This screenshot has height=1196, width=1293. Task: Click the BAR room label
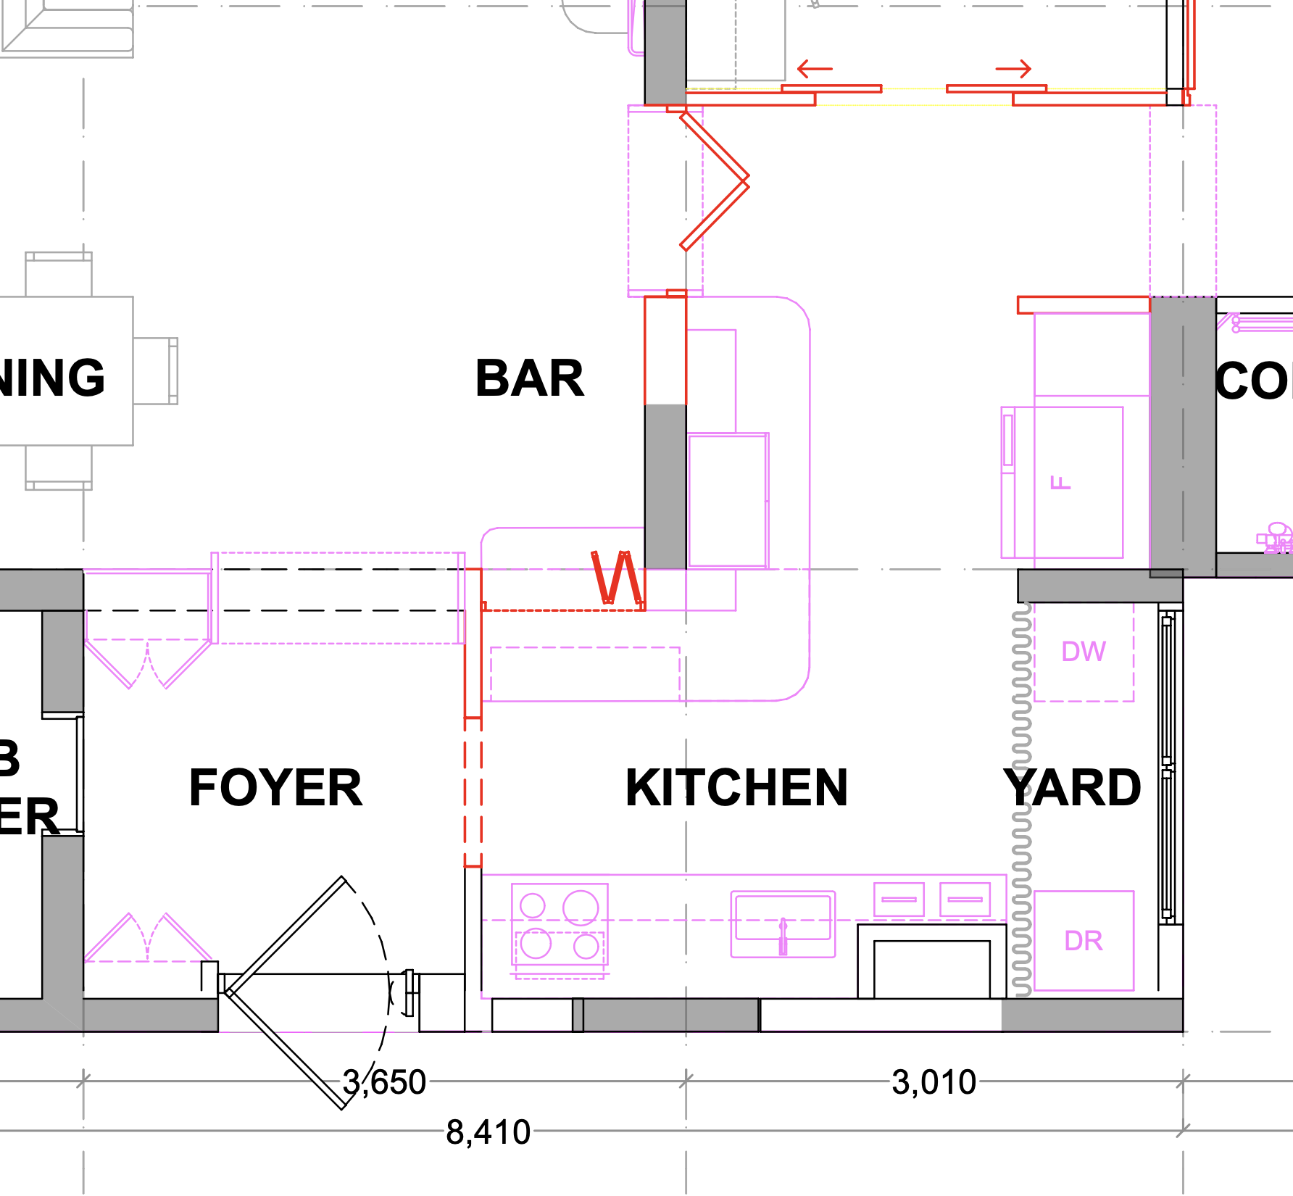tap(529, 378)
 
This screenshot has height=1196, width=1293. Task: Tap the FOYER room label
tap(275, 788)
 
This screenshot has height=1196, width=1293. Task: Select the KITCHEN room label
tap(736, 788)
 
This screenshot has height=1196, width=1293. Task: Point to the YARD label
tap(1073, 788)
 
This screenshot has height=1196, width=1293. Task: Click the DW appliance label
tap(1084, 652)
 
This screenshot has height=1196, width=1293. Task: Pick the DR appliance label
tap(1084, 941)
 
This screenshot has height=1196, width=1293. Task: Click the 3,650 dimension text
tap(385, 1082)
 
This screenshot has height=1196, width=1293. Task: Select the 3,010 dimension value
tap(934, 1082)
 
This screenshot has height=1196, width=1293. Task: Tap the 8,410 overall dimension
tap(488, 1131)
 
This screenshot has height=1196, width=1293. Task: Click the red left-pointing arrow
tap(815, 70)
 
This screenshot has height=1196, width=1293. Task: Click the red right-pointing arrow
tap(1013, 70)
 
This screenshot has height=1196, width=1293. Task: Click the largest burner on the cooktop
tap(581, 908)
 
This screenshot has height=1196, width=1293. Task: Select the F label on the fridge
tap(1060, 483)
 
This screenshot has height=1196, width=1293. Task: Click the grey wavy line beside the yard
tap(1021, 797)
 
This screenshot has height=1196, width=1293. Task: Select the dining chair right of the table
tap(155, 370)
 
